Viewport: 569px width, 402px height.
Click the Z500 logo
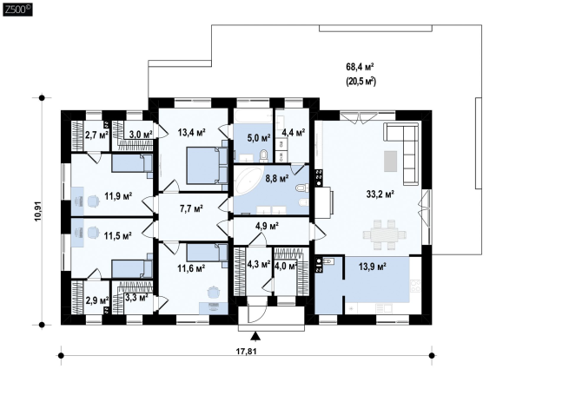[x=17, y=10]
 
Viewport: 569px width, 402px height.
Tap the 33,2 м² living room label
[x=380, y=194]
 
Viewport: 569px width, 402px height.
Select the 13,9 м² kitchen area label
[x=373, y=267]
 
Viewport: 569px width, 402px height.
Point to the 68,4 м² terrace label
[x=360, y=67]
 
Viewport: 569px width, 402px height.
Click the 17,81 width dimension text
[x=247, y=351]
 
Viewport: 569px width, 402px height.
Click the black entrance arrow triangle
[x=255, y=336]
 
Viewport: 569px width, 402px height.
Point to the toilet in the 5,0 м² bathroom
[x=263, y=156]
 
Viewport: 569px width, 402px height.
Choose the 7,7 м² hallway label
[x=191, y=208]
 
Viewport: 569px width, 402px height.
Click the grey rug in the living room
[x=390, y=161]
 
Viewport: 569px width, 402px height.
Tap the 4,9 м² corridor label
[x=267, y=226]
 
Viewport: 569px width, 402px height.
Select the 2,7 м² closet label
[x=96, y=135]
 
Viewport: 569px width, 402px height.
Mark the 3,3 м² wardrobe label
[x=136, y=298]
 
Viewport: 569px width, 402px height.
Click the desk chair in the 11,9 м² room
[x=93, y=201]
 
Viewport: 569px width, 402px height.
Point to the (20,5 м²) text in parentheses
[x=361, y=82]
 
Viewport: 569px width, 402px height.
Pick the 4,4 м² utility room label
[x=294, y=133]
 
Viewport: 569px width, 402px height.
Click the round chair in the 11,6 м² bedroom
[x=214, y=292]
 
